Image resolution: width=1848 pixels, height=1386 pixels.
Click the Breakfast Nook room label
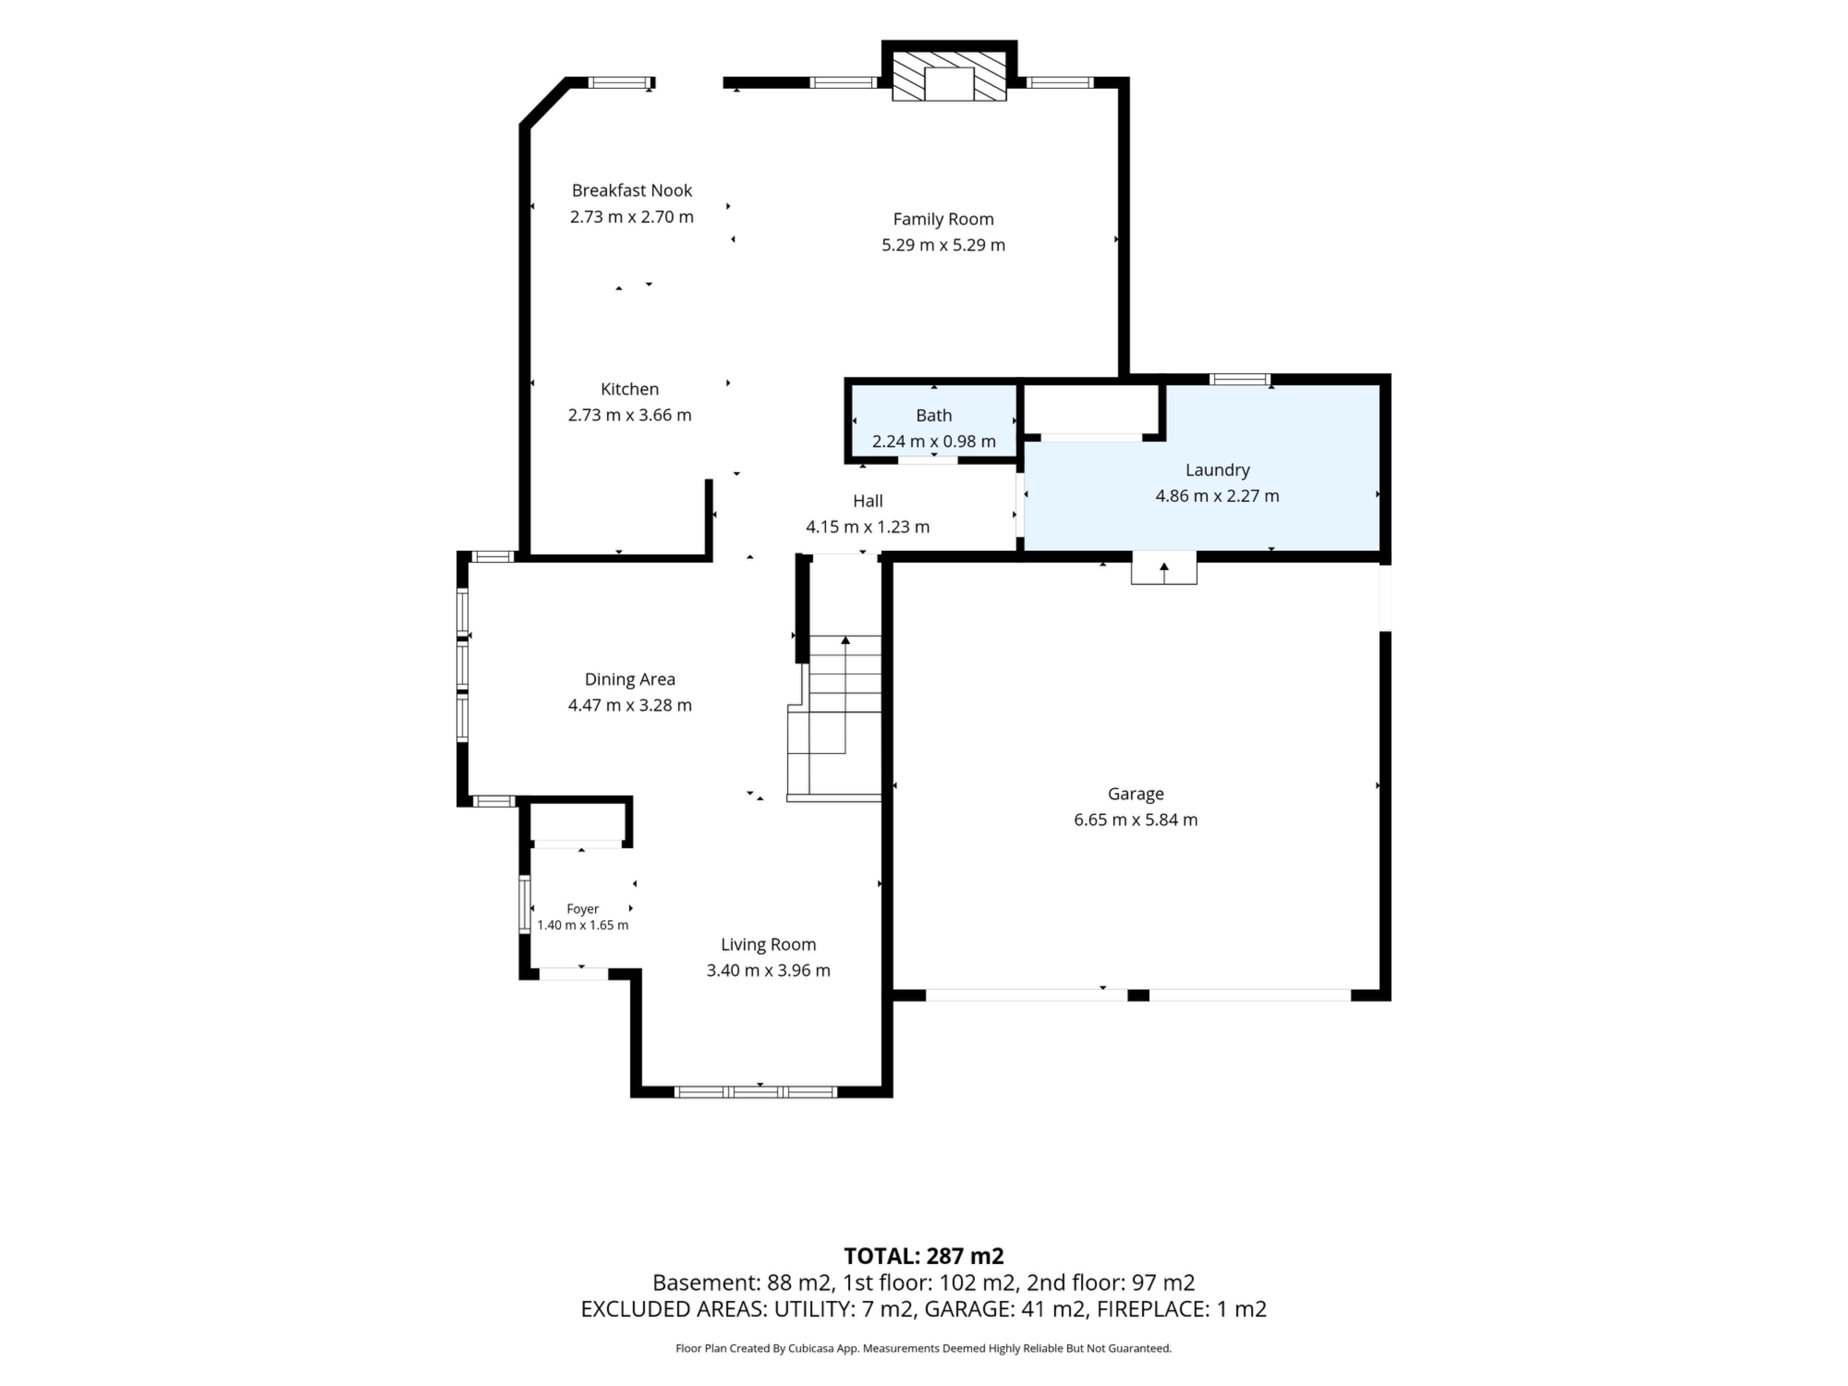point(631,191)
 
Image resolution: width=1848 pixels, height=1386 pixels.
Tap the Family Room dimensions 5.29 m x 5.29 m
point(943,245)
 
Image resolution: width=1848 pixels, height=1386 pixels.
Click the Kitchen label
point(630,389)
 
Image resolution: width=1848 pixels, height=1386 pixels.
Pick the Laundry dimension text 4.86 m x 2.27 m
point(1217,495)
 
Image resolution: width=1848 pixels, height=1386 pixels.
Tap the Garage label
point(1135,794)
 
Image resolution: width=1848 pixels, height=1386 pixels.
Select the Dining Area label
point(630,679)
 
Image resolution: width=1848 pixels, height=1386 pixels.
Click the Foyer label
point(582,909)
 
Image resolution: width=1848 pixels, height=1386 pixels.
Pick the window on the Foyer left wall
point(525,903)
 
